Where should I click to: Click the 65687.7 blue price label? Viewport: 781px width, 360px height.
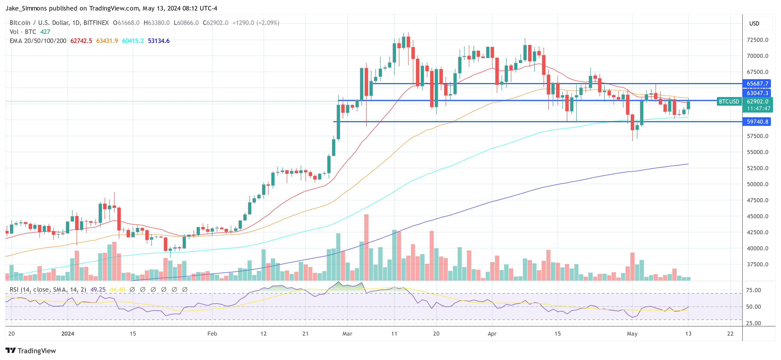[757, 84]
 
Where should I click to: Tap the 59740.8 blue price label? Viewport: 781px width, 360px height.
[757, 122]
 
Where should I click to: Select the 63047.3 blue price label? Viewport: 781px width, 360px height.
[757, 93]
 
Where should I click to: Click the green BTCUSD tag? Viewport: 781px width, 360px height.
[728, 102]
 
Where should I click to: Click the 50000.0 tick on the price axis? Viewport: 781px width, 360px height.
[757, 184]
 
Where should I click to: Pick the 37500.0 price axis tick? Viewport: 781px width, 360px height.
[757, 264]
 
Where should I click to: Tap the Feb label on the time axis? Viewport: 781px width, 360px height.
[212, 334]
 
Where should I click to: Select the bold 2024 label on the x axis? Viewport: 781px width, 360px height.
[68, 334]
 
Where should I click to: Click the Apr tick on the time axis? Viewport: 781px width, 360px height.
[492, 334]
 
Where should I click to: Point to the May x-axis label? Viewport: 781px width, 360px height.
[632, 334]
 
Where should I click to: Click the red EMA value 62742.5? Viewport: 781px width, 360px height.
[81, 41]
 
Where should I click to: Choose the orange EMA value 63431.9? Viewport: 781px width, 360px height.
[107, 41]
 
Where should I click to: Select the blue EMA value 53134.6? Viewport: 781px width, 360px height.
[159, 41]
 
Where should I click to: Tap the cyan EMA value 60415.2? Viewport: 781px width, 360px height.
[133, 41]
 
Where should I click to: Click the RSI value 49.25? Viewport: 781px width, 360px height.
[98, 290]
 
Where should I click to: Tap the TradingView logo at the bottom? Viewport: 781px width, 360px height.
[31, 351]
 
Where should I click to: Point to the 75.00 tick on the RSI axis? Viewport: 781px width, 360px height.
[753, 290]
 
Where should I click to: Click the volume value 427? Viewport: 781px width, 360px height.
[45, 32]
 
